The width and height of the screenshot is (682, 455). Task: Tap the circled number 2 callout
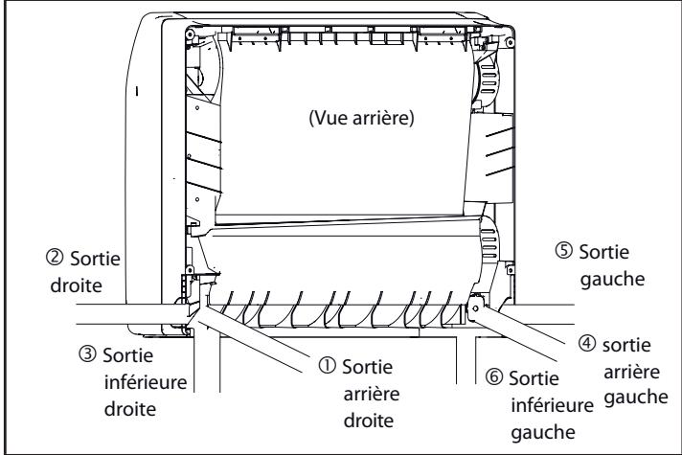[x=55, y=259]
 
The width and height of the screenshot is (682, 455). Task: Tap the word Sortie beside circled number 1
[x=367, y=367]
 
